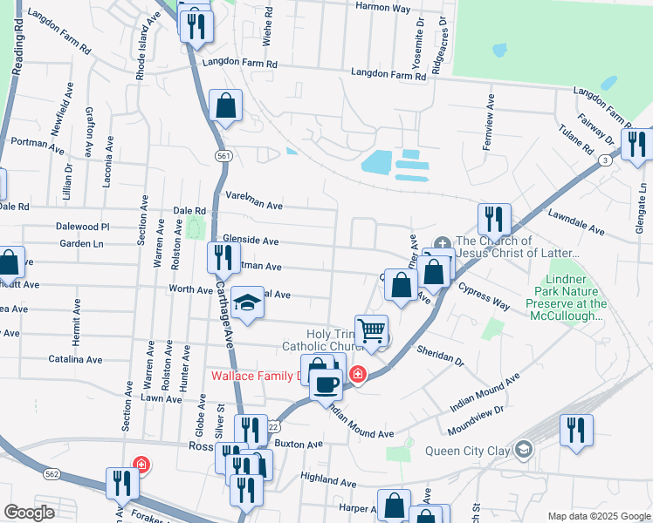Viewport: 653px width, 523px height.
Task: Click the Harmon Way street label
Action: [382, 8]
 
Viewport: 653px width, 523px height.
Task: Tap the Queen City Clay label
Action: [468, 451]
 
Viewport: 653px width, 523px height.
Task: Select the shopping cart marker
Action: [372, 331]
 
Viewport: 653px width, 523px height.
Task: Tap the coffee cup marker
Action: [327, 384]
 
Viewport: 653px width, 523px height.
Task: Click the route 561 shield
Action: [224, 155]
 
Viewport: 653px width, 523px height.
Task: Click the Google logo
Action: [29, 513]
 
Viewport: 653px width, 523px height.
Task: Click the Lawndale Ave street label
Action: [576, 222]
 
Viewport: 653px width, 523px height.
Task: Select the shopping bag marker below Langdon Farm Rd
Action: [225, 106]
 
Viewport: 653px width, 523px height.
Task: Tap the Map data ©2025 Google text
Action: [598, 516]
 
